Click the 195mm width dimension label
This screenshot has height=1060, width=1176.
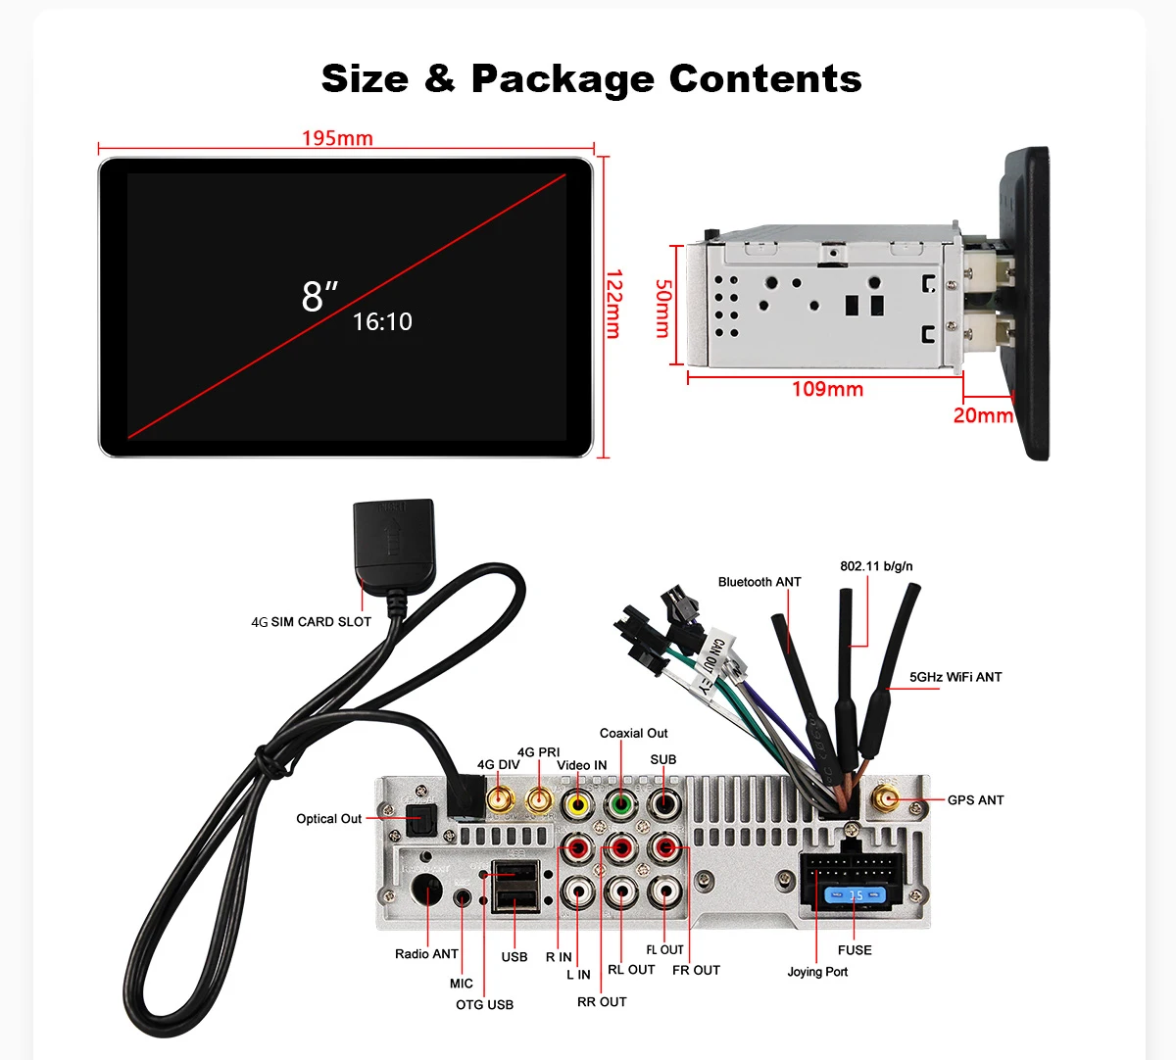tap(337, 138)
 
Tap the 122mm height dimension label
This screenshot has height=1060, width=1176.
tap(612, 304)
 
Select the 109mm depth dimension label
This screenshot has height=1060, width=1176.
tap(827, 389)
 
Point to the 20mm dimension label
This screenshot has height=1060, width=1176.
tap(983, 415)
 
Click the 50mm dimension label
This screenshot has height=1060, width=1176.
tap(663, 308)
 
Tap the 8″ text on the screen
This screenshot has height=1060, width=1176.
tap(318, 295)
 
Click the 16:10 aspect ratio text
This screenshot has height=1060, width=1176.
tap(382, 321)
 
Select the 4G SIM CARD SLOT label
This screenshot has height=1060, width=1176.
tap(312, 622)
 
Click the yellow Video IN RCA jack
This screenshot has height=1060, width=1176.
tap(578, 804)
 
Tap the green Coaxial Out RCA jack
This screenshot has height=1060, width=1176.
tap(620, 804)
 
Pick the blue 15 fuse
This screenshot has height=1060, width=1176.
tap(856, 895)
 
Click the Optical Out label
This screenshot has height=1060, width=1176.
tap(329, 819)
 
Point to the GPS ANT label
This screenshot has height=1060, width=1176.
tap(975, 800)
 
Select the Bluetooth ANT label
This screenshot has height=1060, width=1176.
tap(759, 582)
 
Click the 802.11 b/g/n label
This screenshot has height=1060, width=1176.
tap(876, 566)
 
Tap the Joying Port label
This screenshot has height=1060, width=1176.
tap(817, 972)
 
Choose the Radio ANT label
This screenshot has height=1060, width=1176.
tap(426, 954)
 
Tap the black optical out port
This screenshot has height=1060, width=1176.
tap(422, 819)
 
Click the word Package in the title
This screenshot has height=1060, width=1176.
tap(563, 78)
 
